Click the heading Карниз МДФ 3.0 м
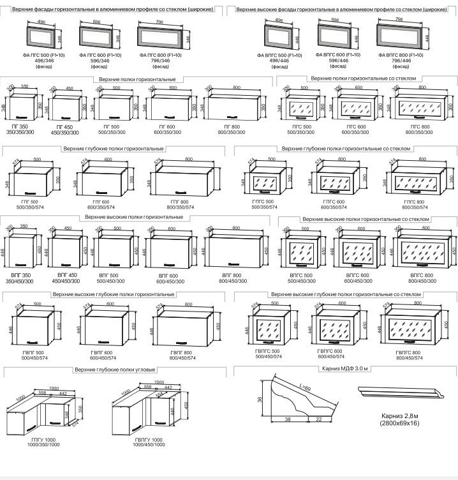tap(346, 369)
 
